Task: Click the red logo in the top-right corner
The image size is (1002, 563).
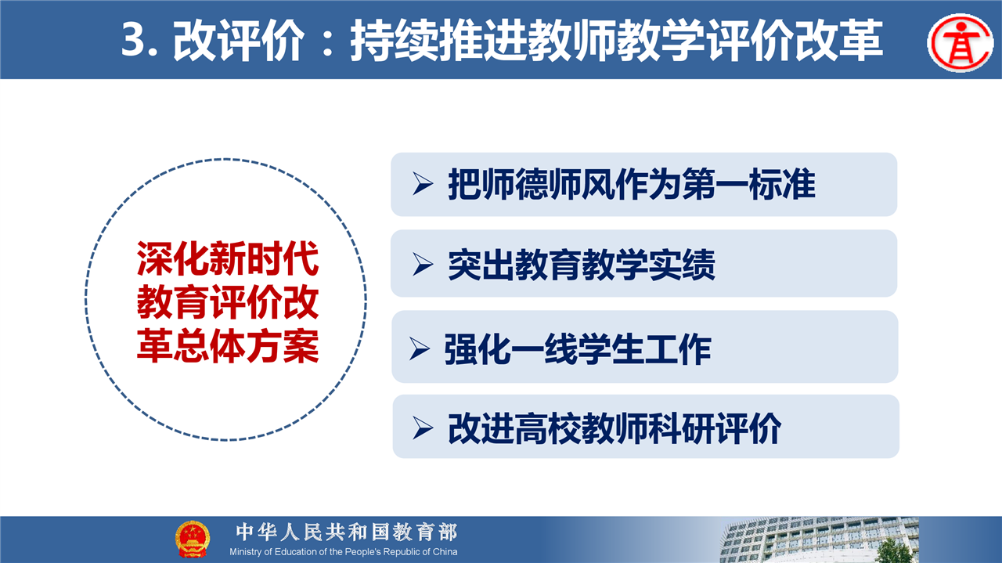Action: pos(961,43)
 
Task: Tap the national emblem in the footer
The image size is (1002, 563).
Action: pos(193,540)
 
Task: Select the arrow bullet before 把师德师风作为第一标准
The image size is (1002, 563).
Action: pos(423,183)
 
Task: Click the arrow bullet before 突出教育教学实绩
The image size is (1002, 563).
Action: pos(423,264)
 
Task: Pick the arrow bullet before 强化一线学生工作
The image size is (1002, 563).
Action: pos(419,349)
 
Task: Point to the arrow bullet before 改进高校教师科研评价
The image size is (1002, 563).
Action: pos(423,428)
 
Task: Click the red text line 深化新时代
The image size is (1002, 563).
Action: pos(228,259)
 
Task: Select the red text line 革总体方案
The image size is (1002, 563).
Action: pos(228,346)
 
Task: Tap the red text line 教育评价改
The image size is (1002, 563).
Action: pos(228,302)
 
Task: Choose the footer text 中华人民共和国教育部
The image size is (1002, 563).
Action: pos(347,532)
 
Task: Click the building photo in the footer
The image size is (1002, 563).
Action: pos(819,540)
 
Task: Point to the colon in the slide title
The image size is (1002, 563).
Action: pos(327,42)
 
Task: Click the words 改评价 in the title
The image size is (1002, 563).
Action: pos(240,41)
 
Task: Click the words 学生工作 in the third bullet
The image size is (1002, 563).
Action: pos(644,349)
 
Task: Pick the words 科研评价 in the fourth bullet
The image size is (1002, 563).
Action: pos(715,429)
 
